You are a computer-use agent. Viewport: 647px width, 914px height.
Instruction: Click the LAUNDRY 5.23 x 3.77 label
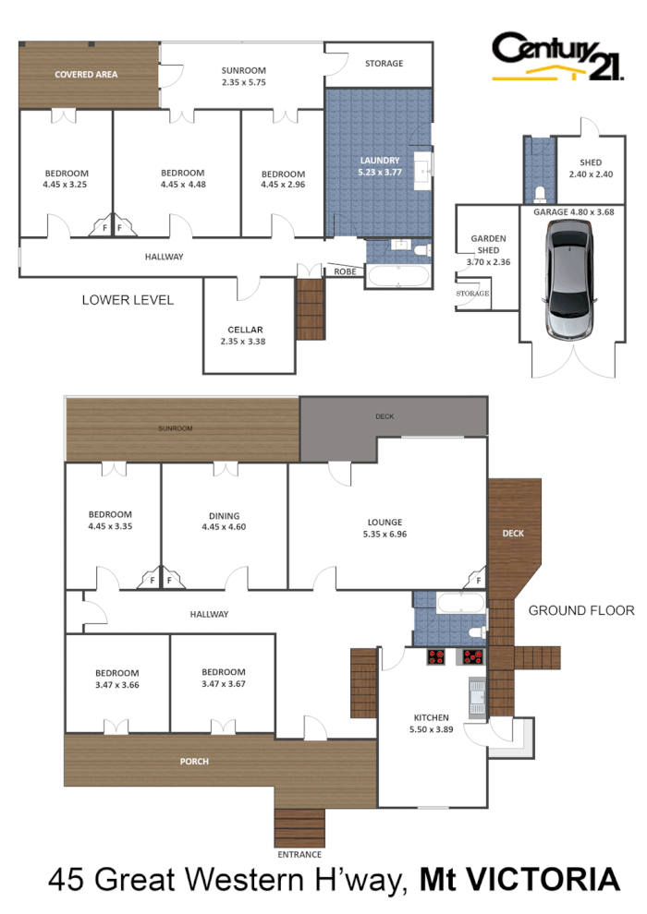[379, 166]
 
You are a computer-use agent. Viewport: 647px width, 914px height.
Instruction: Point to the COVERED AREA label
[86, 74]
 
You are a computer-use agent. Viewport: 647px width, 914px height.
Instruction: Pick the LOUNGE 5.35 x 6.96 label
[385, 527]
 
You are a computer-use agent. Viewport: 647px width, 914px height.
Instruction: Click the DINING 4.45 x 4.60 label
[224, 522]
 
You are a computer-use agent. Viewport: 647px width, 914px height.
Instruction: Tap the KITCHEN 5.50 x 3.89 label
[431, 724]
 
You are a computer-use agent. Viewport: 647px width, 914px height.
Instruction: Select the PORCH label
[195, 762]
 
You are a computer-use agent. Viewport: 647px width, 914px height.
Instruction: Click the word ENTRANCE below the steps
[299, 854]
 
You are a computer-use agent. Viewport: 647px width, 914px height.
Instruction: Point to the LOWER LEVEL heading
[128, 300]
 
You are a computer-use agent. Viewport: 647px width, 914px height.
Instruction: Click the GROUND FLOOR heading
[581, 610]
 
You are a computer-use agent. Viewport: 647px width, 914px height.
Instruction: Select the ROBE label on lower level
[345, 272]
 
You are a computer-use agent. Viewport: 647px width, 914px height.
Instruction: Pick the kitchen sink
[478, 697]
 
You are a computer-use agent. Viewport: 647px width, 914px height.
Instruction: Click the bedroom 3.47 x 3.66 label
[116, 678]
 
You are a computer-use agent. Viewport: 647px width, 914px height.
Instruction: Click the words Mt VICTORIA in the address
[519, 882]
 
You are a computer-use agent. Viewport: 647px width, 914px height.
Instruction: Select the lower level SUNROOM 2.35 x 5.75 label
[244, 76]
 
